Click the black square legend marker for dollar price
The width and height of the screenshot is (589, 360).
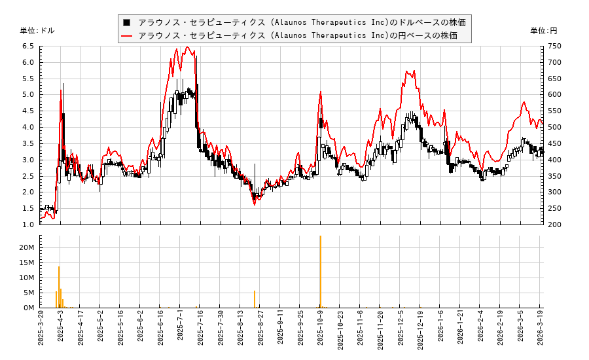point(126,22)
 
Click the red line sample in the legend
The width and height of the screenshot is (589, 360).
point(126,35)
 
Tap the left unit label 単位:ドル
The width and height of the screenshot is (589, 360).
point(37,31)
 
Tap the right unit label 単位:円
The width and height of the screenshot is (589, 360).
point(544,31)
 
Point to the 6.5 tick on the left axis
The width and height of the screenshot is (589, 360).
point(28,46)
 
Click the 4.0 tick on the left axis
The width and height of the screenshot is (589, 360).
point(28,127)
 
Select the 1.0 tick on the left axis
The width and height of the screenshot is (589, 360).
point(28,225)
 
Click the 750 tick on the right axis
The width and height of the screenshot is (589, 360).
point(554,46)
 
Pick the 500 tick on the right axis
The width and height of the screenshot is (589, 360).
point(554,127)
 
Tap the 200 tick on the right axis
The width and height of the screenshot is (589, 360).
point(554,225)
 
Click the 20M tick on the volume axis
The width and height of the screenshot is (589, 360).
point(27,247)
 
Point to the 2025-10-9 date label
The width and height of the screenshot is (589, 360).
point(320,333)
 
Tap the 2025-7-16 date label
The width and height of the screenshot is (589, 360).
point(200,333)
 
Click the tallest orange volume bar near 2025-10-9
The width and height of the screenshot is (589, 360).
point(320,272)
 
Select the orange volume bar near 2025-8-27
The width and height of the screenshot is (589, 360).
point(255,299)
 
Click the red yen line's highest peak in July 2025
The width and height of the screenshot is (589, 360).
point(187,47)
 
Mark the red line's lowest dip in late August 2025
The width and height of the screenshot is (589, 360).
point(255,205)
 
